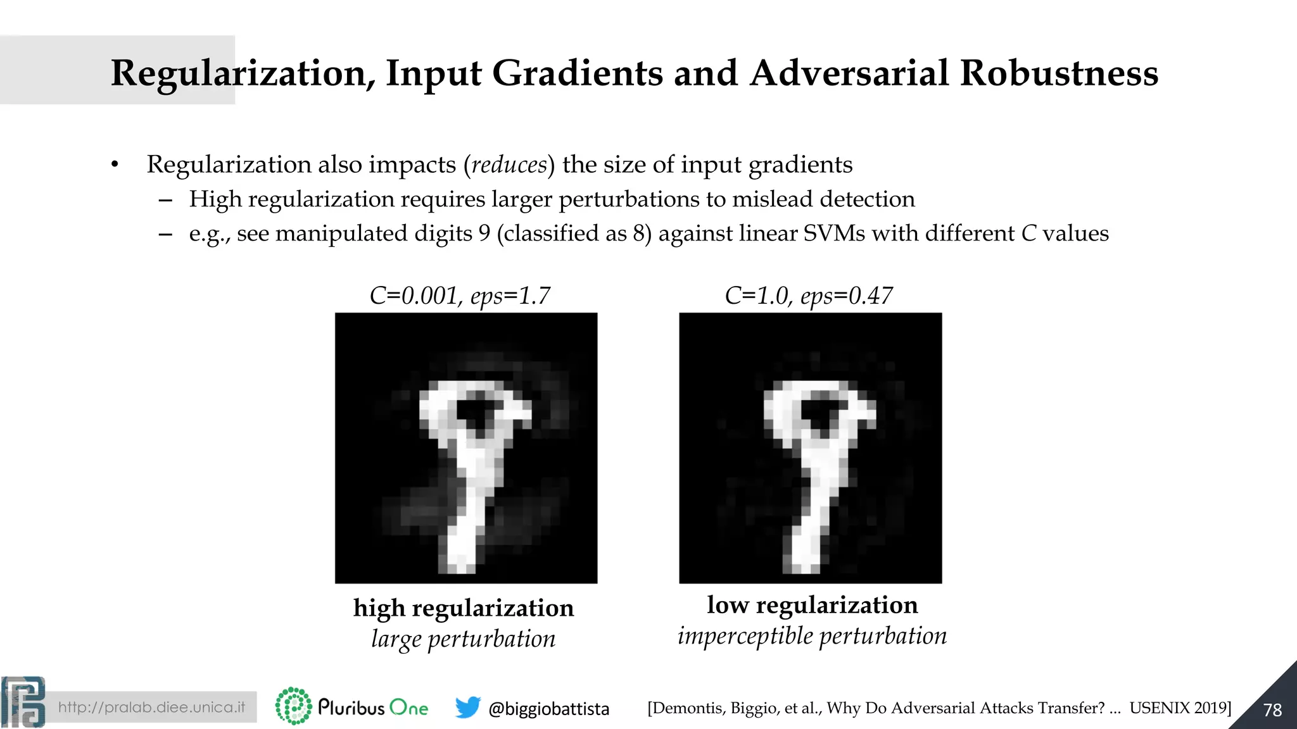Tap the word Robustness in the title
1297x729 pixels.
(1058, 73)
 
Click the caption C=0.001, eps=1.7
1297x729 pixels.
(460, 296)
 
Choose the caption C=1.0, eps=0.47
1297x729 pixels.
(809, 296)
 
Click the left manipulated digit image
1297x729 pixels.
(466, 447)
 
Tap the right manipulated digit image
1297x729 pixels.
(810, 447)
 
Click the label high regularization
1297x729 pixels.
(464, 608)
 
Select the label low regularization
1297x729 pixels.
(812, 605)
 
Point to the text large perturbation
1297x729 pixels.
(464, 639)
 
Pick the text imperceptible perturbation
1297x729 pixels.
(812, 636)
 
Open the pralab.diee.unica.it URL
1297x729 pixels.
(151, 707)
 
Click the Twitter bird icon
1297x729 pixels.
(467, 707)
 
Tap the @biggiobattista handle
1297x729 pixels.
(548, 709)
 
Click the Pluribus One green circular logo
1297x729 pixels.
(293, 706)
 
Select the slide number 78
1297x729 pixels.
(1272, 710)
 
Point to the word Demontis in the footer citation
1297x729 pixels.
(688, 708)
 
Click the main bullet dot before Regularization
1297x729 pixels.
(115, 165)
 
